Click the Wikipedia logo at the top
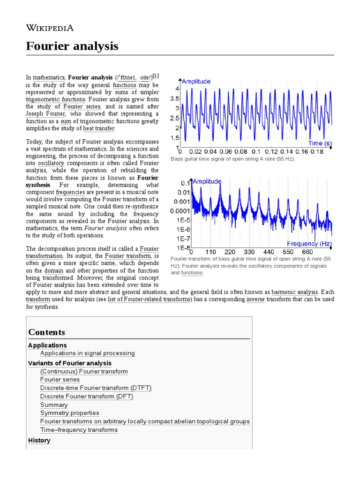coord(50,28)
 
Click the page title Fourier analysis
coord(72,46)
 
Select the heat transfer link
coord(98,128)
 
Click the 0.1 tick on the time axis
coord(256,152)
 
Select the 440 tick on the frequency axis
coord(269,252)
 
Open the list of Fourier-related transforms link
coord(149,299)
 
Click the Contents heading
coord(46,332)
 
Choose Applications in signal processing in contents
coord(87,353)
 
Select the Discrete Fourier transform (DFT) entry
coord(87,396)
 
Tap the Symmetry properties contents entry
coord(69,413)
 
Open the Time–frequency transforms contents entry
coord(79,430)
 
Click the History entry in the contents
coord(39,441)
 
